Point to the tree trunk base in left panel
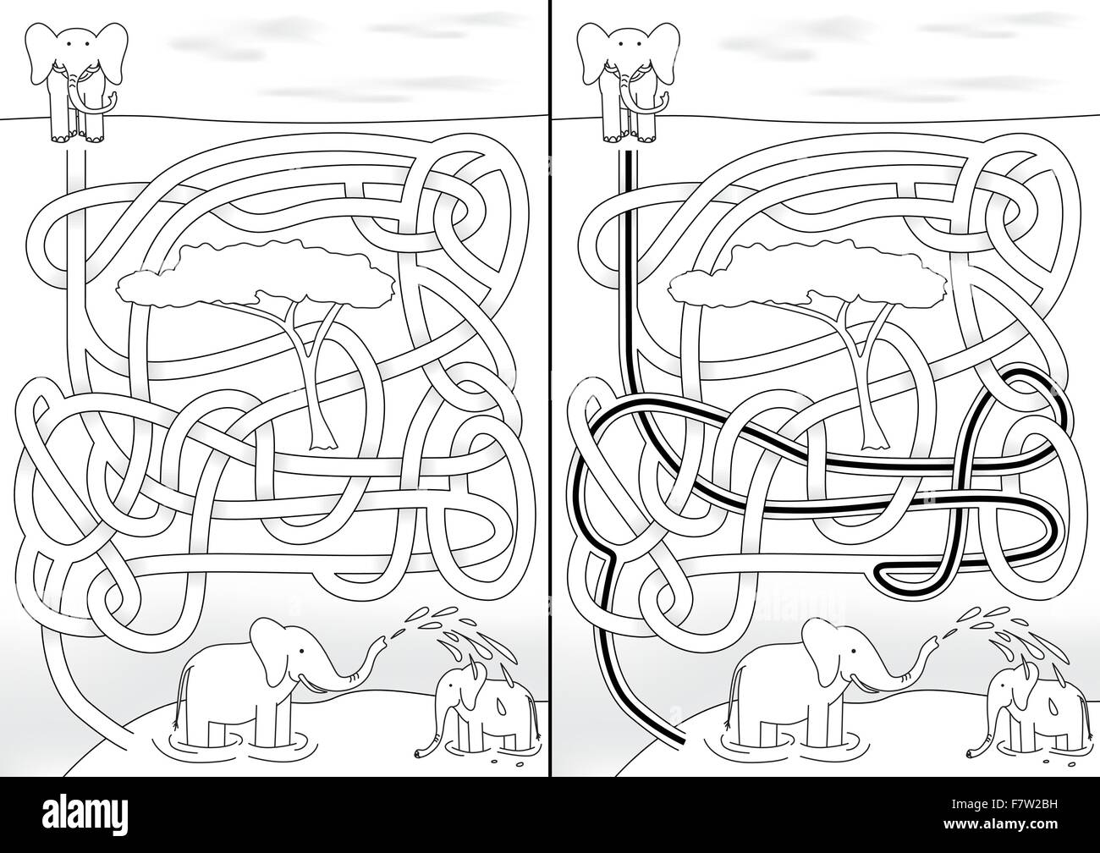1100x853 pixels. (x=321, y=441)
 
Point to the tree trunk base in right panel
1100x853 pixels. (x=872, y=441)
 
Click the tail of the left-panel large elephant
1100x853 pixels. (x=179, y=702)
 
